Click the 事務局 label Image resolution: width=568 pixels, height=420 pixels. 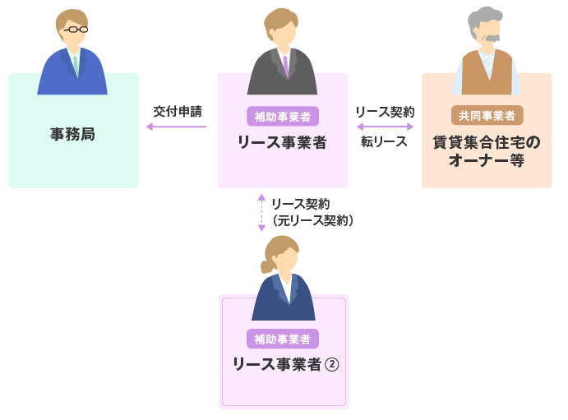tap(72, 134)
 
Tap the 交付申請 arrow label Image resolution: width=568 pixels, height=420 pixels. tap(177, 111)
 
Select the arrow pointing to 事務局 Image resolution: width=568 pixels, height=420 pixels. tap(176, 127)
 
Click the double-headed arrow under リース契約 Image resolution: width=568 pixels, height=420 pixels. tap(385, 127)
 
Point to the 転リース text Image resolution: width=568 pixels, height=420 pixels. tap(384, 141)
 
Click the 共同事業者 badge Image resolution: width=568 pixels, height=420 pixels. tap(487, 116)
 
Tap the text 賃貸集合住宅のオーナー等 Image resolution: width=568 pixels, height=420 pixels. tap(487, 151)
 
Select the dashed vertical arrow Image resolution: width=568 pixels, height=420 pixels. tap(261, 212)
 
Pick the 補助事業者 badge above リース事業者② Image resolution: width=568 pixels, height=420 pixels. tap(282, 339)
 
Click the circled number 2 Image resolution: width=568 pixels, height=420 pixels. tap(332, 364)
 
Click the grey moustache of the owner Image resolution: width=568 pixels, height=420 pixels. tap(491, 38)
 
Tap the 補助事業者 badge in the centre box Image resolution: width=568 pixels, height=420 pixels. tap(282, 116)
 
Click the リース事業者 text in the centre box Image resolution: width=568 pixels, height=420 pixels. tap(282, 142)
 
